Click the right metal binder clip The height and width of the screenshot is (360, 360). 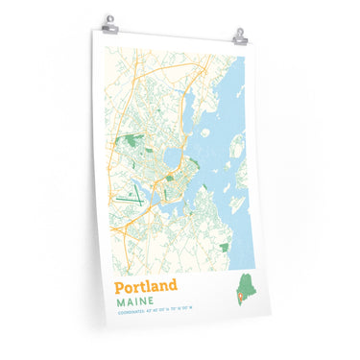pyautogui.click(x=239, y=36)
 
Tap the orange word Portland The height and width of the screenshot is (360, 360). pyautogui.click(x=146, y=286)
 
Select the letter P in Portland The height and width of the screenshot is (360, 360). pyautogui.click(x=121, y=286)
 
